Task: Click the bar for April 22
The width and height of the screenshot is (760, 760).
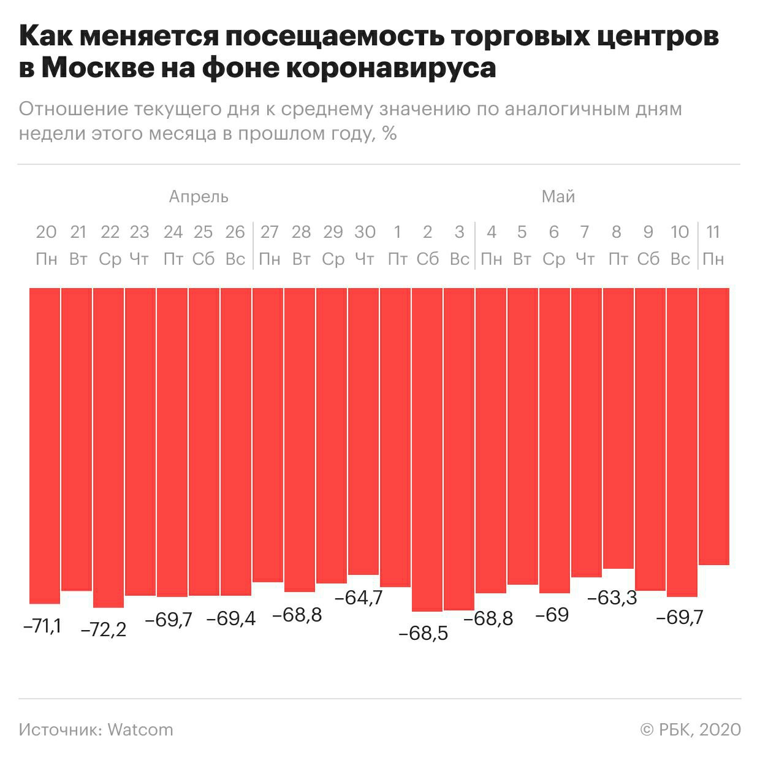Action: pos(109,447)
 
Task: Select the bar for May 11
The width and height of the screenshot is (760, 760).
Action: pos(714,426)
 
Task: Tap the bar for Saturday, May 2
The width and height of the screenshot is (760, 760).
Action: pos(427,449)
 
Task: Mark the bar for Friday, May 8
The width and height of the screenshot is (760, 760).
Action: pos(618,428)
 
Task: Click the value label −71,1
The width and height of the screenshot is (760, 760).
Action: pos(42,626)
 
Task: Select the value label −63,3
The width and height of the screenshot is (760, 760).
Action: pos(612,598)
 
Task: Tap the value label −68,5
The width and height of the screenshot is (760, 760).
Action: pos(423,633)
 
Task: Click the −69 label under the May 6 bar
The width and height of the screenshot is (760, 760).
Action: pos(552,615)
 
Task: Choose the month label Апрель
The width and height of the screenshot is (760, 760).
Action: pos(199,197)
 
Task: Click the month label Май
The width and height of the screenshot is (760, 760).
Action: pos(558,197)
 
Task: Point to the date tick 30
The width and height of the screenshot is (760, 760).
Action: pos(365,232)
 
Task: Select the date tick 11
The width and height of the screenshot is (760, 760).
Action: pos(712,232)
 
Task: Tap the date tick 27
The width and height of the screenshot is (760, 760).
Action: pos(269,232)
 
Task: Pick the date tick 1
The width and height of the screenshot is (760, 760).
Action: pos(397,232)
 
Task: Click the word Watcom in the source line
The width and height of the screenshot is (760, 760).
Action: pos(140,730)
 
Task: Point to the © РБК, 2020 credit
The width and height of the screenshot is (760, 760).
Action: pos(690,730)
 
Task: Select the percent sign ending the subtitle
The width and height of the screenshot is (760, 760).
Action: pos(389,133)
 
